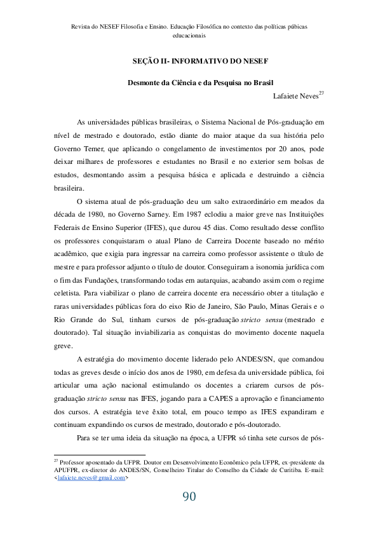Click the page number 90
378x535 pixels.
pos(189,497)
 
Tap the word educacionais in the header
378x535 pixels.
pos(189,36)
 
